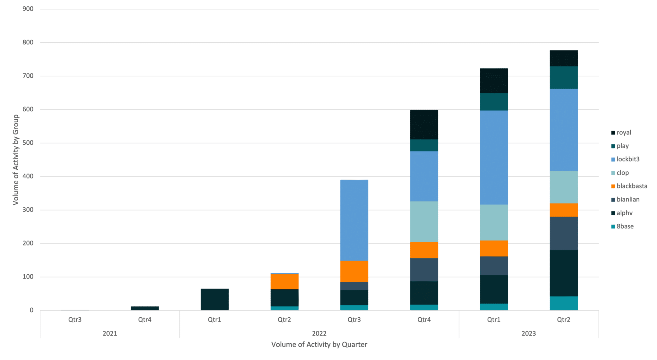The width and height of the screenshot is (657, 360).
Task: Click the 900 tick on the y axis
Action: [x=28, y=9]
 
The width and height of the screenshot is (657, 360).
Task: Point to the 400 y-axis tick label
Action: [x=28, y=176]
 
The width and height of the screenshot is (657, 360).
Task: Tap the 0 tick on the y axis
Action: [x=31, y=310]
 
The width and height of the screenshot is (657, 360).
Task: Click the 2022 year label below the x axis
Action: [x=319, y=334]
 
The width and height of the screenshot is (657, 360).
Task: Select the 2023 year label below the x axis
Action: [x=528, y=334]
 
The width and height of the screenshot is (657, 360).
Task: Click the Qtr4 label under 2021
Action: [x=145, y=320]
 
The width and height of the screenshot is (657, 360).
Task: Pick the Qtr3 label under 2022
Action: [x=354, y=320]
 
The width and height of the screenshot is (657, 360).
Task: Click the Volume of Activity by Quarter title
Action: [x=319, y=345]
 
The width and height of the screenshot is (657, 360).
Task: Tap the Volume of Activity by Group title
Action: [x=16, y=160]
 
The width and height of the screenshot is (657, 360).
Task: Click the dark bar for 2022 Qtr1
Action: [x=215, y=299]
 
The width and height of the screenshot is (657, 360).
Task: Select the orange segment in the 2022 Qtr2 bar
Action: [x=285, y=281]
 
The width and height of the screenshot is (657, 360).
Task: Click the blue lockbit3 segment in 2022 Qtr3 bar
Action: [x=354, y=220]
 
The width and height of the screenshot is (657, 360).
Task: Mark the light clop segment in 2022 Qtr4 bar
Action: [x=424, y=221]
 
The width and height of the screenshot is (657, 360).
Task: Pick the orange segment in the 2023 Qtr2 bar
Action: [x=564, y=210]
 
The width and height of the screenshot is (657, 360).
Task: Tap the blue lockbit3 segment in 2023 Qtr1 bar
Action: [x=494, y=157]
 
